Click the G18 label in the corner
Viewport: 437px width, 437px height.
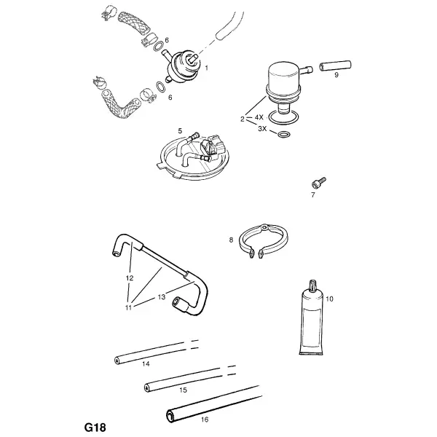tap(95, 428)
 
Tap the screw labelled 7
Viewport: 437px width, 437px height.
tap(318, 182)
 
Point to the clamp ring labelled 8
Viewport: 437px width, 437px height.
tap(264, 240)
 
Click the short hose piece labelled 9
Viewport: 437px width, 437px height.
tap(335, 66)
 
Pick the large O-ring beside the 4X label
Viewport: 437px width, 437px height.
tap(283, 117)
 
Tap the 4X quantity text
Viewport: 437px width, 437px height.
tap(259, 117)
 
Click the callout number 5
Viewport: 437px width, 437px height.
tap(180, 130)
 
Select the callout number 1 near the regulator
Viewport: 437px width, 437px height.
tap(207, 68)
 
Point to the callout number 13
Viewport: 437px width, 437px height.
tap(162, 297)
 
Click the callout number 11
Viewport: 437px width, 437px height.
tap(128, 307)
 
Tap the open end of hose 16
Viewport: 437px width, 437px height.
tap(170, 417)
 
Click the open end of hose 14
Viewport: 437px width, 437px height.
tap(117, 361)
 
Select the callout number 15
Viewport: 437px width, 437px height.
tap(183, 390)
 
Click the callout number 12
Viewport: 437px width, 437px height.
tap(130, 278)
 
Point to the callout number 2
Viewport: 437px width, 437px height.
tap(243, 119)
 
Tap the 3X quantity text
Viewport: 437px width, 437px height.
tap(262, 129)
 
